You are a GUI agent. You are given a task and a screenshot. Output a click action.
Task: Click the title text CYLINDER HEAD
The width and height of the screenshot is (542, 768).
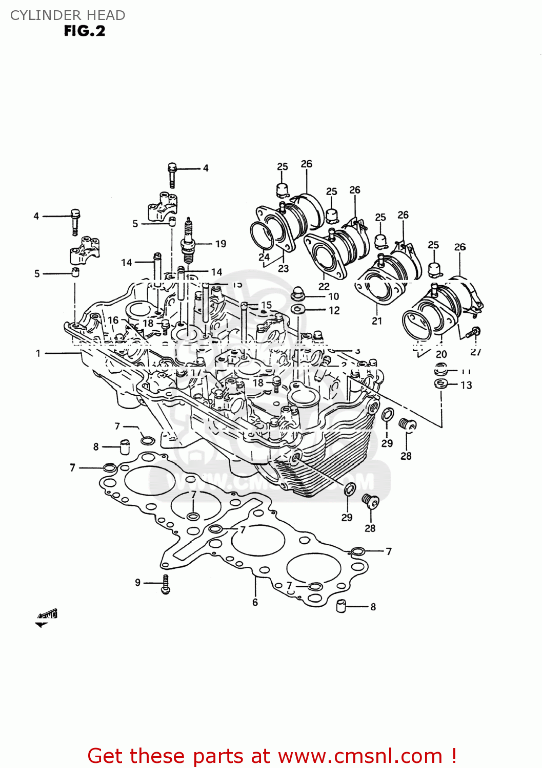[68, 15]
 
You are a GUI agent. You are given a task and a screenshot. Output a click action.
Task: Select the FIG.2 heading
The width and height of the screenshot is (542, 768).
[84, 31]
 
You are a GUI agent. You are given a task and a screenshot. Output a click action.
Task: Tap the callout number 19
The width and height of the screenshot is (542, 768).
[220, 244]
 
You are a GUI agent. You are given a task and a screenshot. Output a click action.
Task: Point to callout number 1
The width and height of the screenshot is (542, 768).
[38, 353]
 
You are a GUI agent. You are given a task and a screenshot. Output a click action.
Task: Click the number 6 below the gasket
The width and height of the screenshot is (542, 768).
[255, 603]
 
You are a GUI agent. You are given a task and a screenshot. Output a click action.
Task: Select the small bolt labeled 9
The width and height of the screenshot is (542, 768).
[165, 584]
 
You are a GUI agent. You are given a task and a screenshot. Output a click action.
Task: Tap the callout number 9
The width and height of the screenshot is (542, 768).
[137, 583]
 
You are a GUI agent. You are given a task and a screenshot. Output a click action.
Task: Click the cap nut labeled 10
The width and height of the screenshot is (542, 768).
[298, 293]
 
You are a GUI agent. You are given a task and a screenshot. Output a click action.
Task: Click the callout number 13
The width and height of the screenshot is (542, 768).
[466, 385]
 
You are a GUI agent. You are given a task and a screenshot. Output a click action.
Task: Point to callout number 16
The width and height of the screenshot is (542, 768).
[113, 320]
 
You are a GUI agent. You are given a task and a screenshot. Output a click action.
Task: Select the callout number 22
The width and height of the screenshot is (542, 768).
[324, 286]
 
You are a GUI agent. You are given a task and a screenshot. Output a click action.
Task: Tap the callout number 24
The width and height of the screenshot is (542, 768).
[264, 257]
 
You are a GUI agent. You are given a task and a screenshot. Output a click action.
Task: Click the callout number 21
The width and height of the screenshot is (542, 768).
[377, 321]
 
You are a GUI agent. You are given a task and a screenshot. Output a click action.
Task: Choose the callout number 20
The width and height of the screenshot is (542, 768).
[441, 354]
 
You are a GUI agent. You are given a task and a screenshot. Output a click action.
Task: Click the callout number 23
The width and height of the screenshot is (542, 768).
[283, 268]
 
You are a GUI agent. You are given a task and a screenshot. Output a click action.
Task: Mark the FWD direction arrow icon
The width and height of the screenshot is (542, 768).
[46, 617]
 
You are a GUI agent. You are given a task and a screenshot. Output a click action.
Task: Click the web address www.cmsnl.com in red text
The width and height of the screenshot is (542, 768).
[360, 756]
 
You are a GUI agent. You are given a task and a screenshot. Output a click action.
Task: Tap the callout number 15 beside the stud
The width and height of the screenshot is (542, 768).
[266, 305]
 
